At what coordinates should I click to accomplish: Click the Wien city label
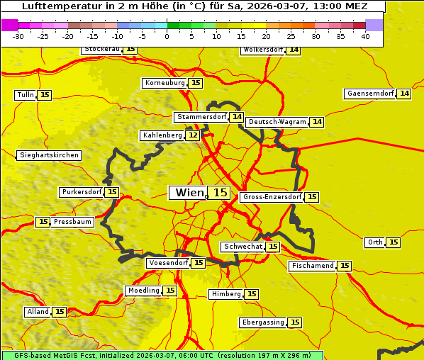[188, 193]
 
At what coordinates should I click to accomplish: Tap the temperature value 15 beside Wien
[220, 193]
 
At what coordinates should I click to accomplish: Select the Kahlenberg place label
[162, 135]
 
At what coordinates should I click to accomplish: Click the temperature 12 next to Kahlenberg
[193, 135]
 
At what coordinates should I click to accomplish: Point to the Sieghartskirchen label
[48, 155]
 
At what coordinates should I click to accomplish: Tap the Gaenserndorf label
[369, 94]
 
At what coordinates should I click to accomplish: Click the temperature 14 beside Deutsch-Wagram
[317, 122]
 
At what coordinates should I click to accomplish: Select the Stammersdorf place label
[201, 117]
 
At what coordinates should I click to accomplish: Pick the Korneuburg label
[164, 83]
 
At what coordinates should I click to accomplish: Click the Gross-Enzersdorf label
[272, 197]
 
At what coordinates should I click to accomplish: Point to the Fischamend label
[312, 266]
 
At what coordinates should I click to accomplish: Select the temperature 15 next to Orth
[394, 242]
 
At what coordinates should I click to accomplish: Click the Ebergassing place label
[263, 322]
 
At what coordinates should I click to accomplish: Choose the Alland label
[38, 312]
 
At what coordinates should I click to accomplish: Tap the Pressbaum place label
[72, 222]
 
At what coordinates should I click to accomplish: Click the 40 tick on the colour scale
[365, 37]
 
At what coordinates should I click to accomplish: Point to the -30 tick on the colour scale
[18, 37]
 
